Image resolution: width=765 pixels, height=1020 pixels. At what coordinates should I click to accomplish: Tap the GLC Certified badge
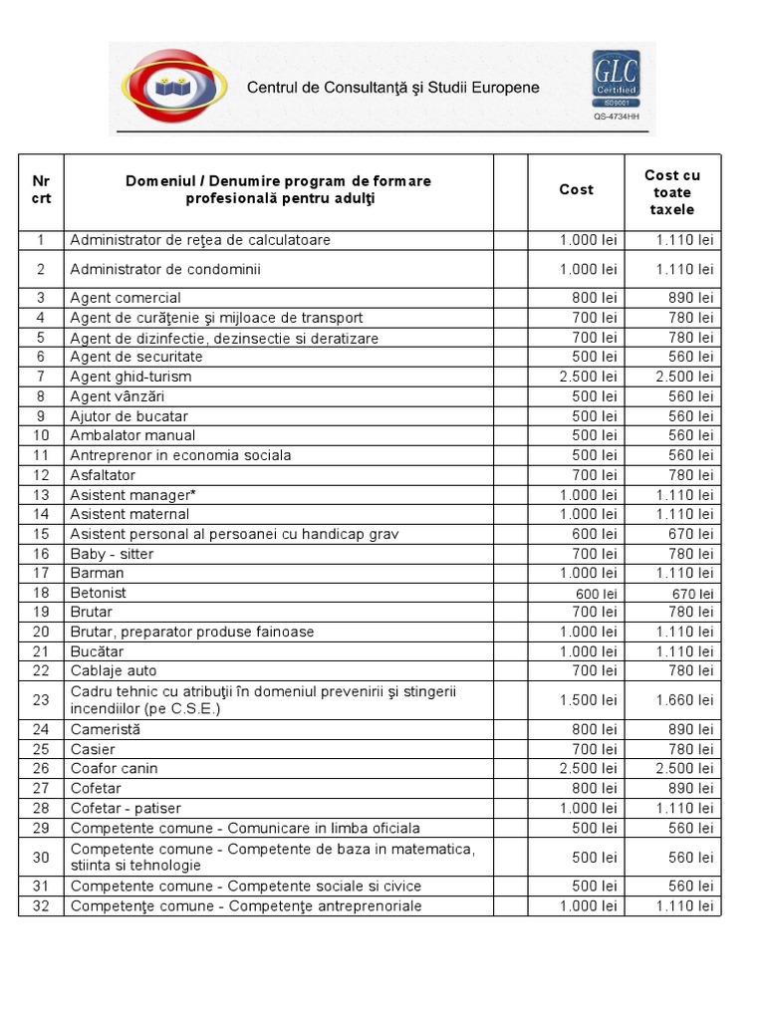point(617,79)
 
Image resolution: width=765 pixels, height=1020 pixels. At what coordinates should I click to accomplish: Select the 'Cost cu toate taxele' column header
point(672,192)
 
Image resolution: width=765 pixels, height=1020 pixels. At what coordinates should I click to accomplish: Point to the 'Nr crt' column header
point(41,189)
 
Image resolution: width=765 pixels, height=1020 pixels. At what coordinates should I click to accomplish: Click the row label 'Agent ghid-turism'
point(130,377)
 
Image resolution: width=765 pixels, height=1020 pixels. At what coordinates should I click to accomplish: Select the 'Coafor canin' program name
point(114,768)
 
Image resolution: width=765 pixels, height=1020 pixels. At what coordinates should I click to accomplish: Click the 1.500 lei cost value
point(588,700)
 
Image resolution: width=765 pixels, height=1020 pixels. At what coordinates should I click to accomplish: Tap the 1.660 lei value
point(684,700)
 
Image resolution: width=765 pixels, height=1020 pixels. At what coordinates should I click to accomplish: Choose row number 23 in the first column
point(41,700)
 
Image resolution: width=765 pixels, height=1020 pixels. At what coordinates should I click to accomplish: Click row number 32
point(41,905)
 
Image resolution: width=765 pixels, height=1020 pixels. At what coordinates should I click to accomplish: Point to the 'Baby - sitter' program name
point(112,554)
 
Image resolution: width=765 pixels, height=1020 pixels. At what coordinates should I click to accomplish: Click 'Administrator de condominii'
point(165,269)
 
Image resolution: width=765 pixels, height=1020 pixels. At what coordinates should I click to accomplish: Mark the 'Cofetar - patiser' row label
point(126,808)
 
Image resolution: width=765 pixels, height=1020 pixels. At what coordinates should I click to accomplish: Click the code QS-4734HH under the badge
point(617,117)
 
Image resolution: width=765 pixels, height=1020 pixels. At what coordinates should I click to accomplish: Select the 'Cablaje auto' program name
point(114,670)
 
